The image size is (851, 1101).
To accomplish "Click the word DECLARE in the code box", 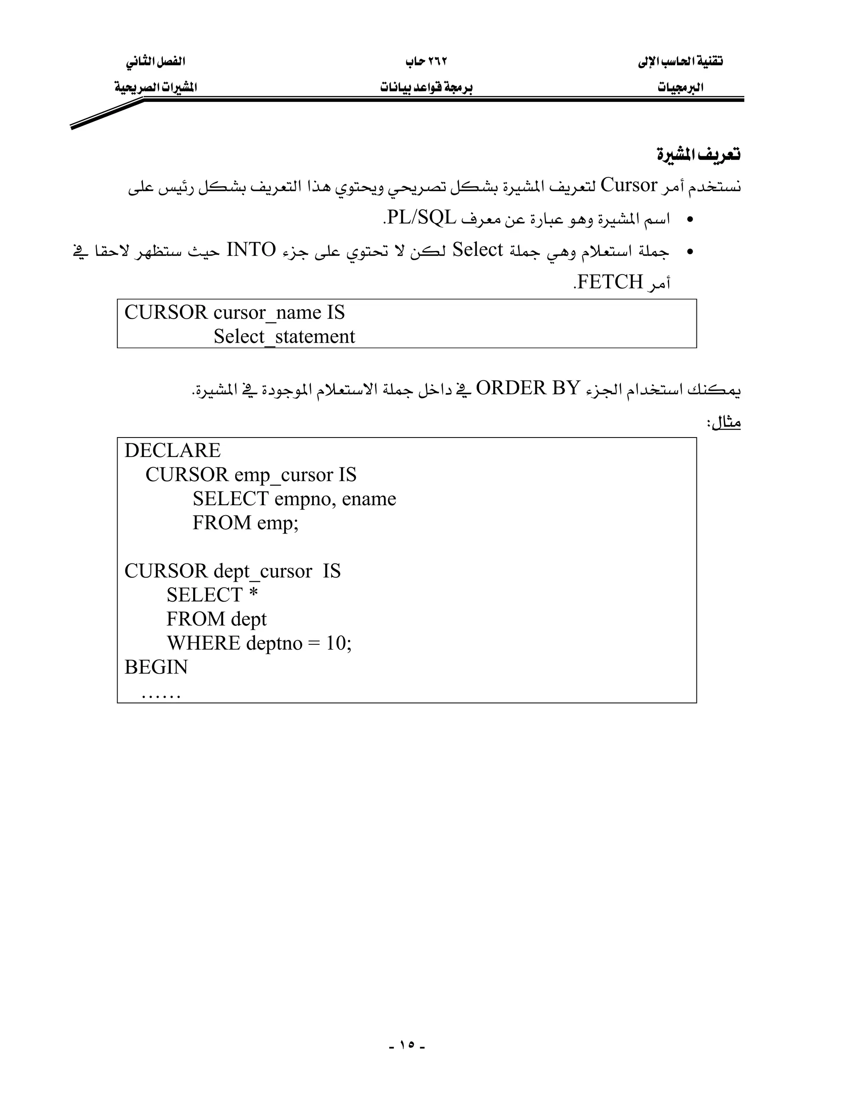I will click(172, 451).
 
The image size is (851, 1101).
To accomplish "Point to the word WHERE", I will click(204, 643).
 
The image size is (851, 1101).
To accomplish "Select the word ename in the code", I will click(369, 499).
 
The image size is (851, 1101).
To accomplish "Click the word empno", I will click(305, 499).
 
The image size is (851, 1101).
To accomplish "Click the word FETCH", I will click(610, 282).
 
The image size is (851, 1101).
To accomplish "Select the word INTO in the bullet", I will click(251, 250).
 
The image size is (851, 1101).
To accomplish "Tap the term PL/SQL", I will click(421, 218).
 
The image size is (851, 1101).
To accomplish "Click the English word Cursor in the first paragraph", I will click(629, 186).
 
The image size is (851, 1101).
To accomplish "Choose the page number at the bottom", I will click(407, 1045).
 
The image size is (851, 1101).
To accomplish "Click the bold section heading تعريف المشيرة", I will click(698, 154).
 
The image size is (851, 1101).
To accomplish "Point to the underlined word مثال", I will click(726, 423).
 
